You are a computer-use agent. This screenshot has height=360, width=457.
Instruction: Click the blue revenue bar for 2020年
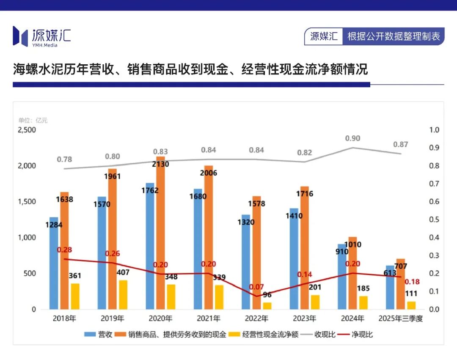[150, 254]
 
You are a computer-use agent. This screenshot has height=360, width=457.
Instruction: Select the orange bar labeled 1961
[112, 245]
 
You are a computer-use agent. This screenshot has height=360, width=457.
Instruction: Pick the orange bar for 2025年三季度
[400, 288]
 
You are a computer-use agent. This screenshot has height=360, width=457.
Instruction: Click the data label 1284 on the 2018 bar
[54, 225]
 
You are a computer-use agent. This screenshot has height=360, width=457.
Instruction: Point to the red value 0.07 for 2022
[256, 287]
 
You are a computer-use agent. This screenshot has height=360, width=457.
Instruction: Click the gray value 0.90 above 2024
[352, 138]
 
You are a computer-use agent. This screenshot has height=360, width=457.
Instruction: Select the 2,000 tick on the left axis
[27, 166]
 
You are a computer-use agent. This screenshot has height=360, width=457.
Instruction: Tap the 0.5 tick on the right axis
[434, 220]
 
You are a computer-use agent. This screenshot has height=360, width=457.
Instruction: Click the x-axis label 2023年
[304, 319]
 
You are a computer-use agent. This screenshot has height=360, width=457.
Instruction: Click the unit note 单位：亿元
[33, 121]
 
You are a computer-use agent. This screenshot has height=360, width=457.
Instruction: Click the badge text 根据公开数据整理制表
[394, 36]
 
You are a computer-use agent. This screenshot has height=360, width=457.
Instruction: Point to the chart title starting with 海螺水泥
[190, 69]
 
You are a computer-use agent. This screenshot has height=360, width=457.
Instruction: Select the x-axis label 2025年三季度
[400, 319]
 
